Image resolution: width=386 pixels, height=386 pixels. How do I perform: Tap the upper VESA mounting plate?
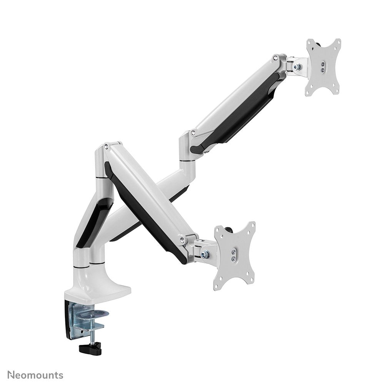tap(323, 67)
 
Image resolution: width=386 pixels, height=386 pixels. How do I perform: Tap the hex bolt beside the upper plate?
tap(296, 67)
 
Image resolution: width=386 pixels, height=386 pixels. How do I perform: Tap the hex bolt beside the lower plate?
tap(206, 254)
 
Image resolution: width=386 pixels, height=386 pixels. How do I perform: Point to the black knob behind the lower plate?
tap(230, 230)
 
